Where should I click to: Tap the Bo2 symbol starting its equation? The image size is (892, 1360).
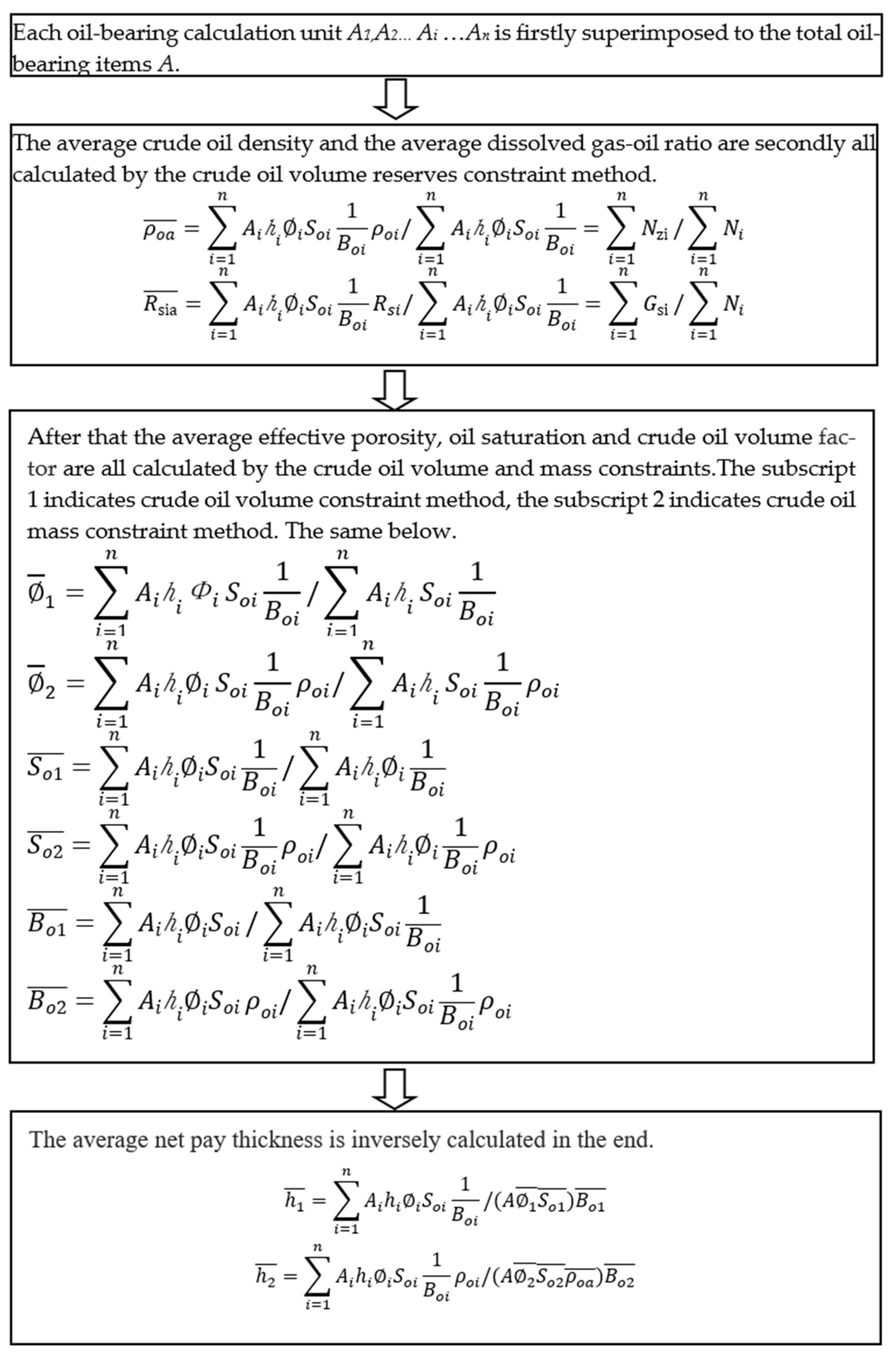coord(47,1003)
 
